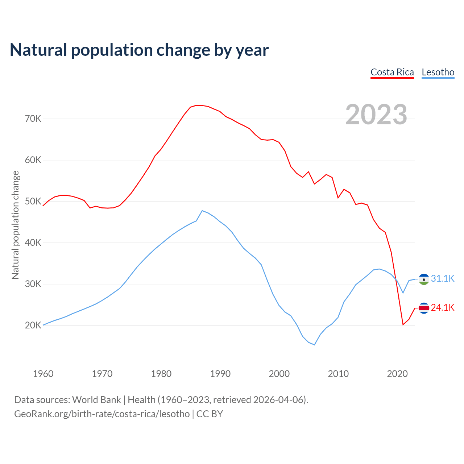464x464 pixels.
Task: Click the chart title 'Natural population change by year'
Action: pos(139,50)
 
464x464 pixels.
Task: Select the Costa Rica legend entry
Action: pos(392,72)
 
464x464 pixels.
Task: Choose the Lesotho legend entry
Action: pos(438,72)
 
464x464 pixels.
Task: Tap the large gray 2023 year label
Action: pos(376,115)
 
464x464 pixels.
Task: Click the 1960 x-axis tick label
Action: pos(43,374)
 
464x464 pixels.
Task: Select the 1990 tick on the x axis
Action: pos(220,374)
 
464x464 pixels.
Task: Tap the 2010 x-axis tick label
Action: pos(338,374)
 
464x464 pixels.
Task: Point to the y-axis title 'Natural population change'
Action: pos(16,225)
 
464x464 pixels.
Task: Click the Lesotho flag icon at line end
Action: pos(424,279)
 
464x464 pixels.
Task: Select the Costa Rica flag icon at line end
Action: pos(424,308)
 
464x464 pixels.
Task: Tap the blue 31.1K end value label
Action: pos(443,278)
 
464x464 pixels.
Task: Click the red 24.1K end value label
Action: pos(443,307)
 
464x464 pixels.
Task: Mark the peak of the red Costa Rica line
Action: pos(196,105)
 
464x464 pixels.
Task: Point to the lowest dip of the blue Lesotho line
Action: pos(314,345)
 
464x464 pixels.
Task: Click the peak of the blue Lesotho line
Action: pos(202,211)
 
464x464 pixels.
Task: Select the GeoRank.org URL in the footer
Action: pos(102,414)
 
